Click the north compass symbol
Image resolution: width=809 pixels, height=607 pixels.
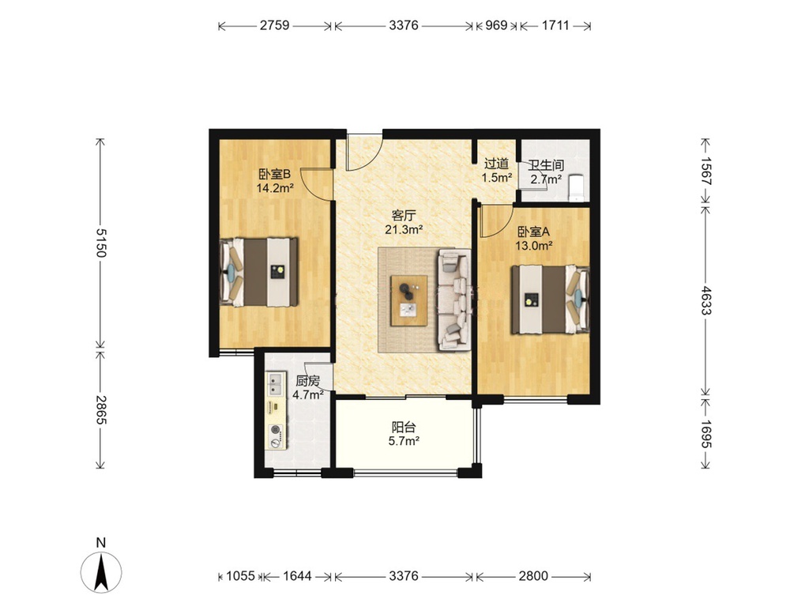point(101,571)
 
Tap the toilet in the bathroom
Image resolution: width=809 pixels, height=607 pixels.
point(575,188)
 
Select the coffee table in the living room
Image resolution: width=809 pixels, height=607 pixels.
point(409,301)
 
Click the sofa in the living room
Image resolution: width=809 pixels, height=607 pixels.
point(454,300)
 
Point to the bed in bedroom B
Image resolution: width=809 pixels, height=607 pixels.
point(259,272)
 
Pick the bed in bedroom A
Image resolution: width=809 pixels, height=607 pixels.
point(550,300)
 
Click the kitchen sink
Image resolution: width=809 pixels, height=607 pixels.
point(276,384)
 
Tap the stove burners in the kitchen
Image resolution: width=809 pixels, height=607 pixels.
point(277,435)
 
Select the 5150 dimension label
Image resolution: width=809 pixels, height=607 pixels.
point(100,243)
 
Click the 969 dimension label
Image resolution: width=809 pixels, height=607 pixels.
point(496,25)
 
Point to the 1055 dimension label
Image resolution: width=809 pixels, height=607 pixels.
point(240,575)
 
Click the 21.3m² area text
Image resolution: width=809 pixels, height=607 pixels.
point(404,230)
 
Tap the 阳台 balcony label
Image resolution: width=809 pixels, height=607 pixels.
point(404,428)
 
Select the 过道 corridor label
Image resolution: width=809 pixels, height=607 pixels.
point(496,164)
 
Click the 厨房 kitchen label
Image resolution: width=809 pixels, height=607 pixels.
point(307,382)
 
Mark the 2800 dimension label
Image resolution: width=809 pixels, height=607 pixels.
point(533,575)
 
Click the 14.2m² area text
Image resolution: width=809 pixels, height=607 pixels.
point(275,188)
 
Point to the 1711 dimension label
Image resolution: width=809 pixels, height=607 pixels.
point(555,25)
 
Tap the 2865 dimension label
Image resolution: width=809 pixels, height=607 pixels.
point(100,410)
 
